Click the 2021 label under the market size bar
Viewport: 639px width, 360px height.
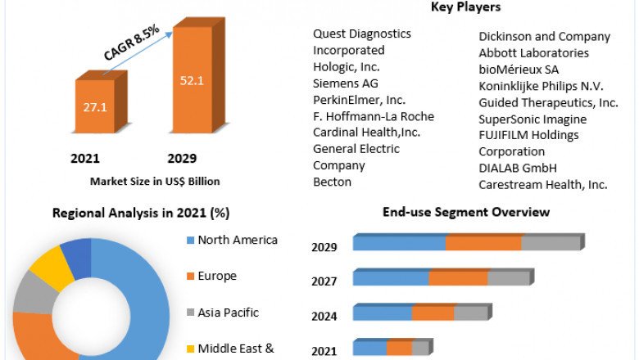(84, 158)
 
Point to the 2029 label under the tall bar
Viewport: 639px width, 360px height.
(181, 158)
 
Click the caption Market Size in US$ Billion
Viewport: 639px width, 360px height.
(143, 181)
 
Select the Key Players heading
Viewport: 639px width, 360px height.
(465, 7)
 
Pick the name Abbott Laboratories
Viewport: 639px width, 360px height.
(533, 52)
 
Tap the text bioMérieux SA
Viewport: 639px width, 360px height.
(519, 69)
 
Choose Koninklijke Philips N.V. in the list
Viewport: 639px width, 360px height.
(542, 85)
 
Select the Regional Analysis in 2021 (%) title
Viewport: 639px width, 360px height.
(141, 213)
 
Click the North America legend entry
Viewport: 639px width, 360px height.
(238, 240)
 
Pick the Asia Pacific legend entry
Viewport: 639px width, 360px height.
(228, 312)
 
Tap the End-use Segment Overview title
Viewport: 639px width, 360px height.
(466, 213)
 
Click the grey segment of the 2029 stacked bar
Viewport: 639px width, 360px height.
(550, 243)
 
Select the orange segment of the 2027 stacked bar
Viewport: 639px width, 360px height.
(458, 278)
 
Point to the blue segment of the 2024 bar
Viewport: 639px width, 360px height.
(383, 313)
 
